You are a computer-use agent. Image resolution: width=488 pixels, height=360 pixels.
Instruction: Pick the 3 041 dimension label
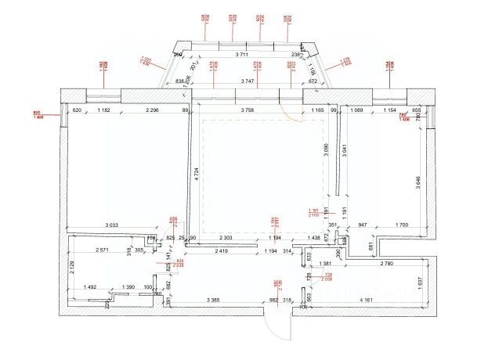345,149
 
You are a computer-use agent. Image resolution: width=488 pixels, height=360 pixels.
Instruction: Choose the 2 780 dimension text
386,264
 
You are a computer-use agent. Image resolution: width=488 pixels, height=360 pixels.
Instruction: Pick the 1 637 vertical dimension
421,283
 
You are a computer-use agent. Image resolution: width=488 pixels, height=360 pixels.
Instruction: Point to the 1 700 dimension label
400,225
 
